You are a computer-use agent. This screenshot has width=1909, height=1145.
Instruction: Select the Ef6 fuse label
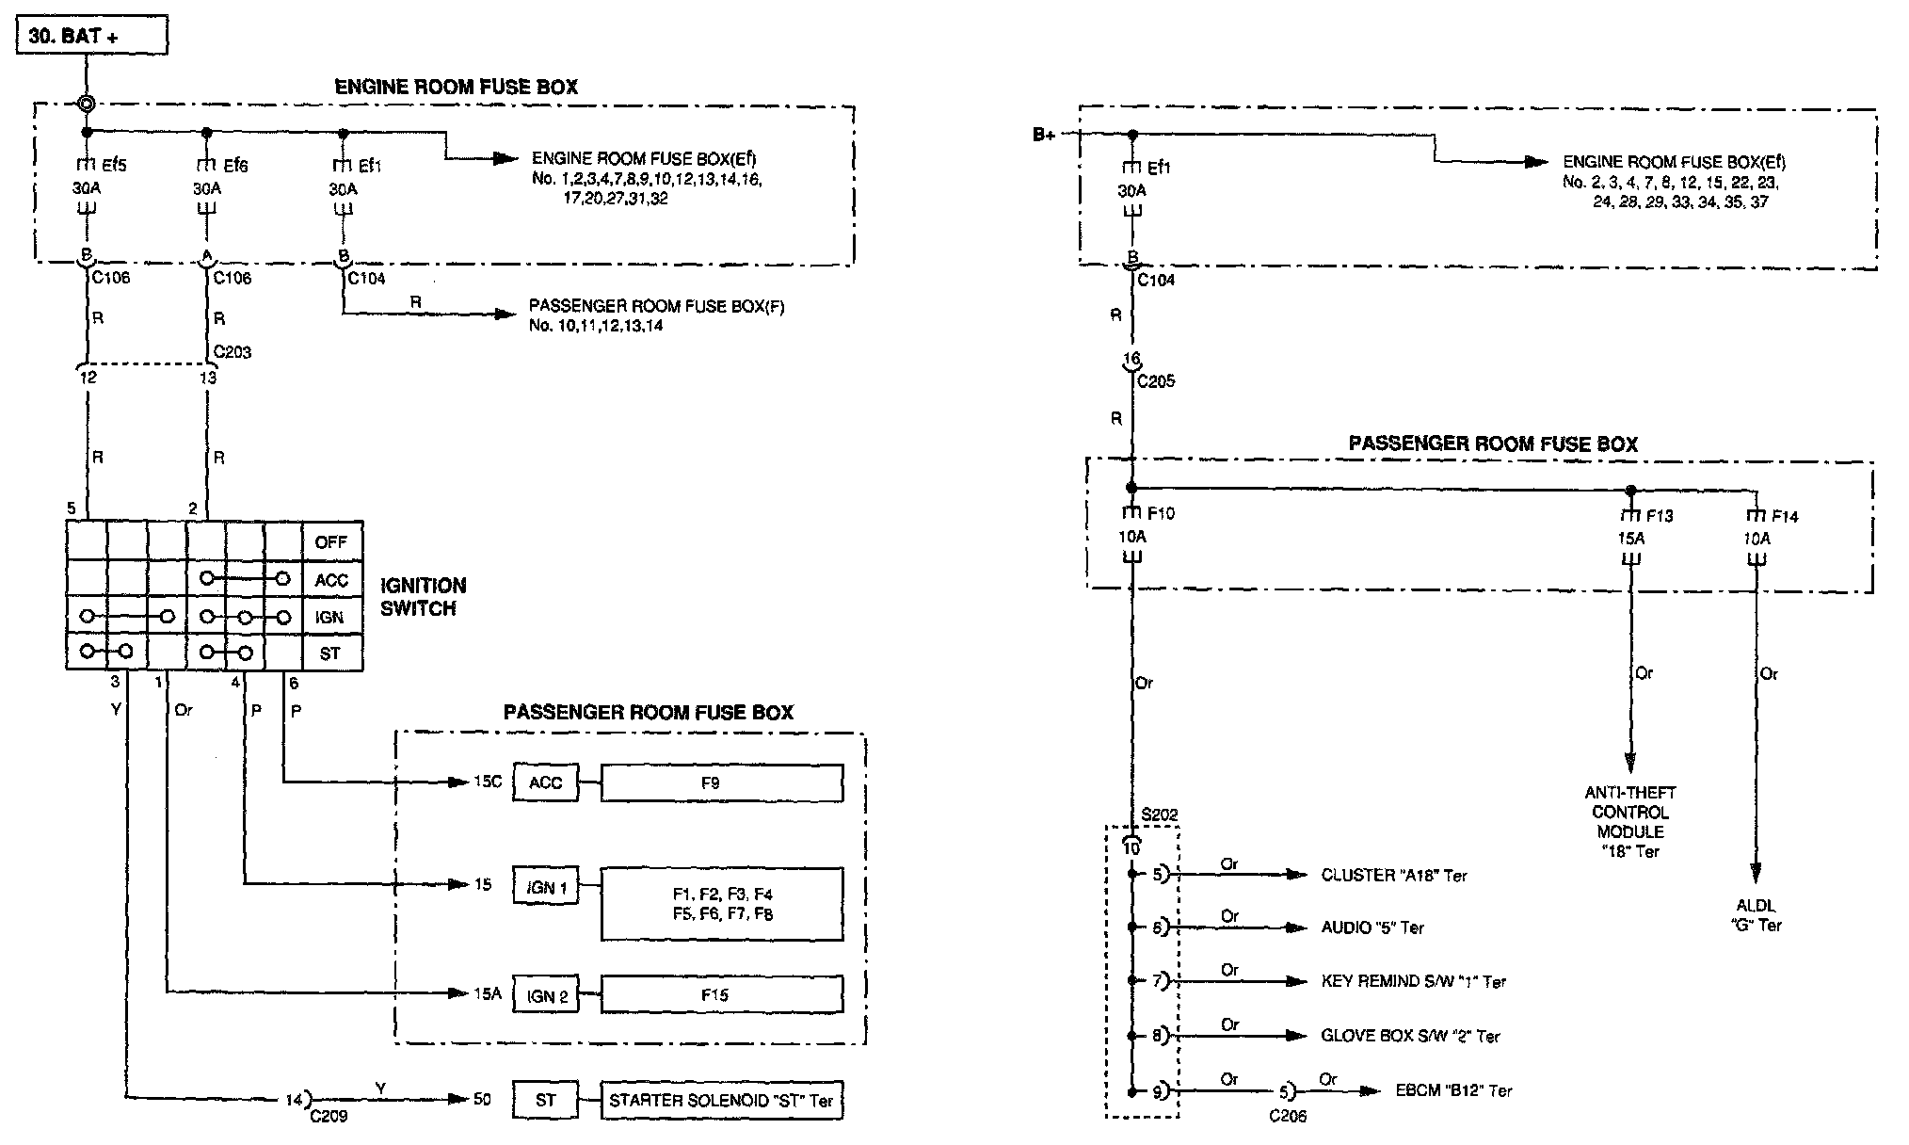(234, 166)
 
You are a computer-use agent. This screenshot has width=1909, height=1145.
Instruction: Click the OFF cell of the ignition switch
(331, 542)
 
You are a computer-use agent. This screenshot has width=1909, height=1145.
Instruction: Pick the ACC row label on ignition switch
(331, 580)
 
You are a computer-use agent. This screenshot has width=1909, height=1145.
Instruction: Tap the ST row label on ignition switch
(330, 653)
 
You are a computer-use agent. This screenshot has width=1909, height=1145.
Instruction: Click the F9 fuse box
(721, 782)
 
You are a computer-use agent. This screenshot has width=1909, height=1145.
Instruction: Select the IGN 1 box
(546, 887)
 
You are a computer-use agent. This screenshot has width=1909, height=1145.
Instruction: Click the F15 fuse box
(721, 995)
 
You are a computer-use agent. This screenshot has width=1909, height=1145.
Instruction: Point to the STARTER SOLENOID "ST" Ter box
(721, 1100)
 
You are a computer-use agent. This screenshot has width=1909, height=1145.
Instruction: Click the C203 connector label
(233, 352)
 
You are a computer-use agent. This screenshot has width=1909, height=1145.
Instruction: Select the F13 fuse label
(1659, 516)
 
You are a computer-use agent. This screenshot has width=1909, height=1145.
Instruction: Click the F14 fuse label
(1785, 516)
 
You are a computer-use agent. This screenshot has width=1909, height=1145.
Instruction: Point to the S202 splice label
(1159, 815)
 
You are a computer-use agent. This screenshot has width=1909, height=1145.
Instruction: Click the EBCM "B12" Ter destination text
(1453, 1090)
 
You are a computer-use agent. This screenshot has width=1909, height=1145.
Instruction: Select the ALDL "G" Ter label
(1757, 915)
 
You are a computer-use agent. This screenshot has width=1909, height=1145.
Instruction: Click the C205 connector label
(1156, 381)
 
